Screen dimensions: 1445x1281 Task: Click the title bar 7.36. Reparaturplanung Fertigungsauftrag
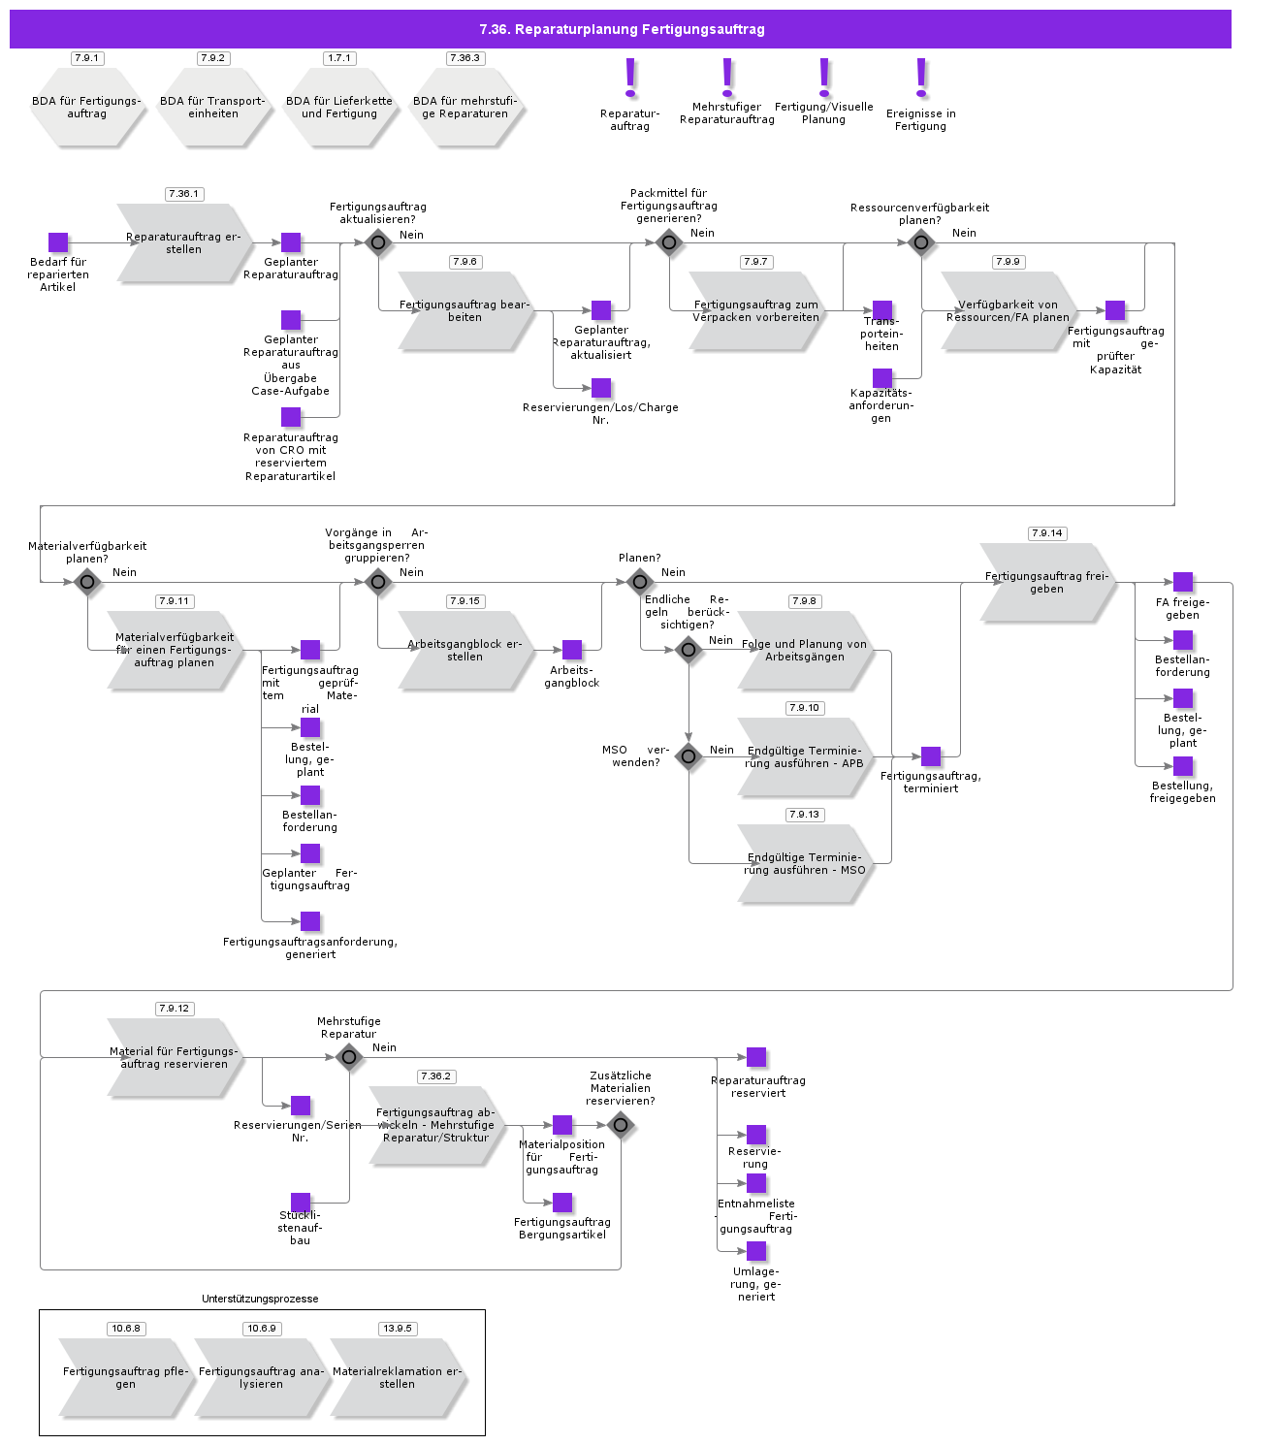[x=621, y=29]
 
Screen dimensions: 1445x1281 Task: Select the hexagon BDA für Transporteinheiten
[x=213, y=108]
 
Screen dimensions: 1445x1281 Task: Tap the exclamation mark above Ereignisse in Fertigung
[x=921, y=78]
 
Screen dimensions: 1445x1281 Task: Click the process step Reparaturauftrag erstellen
[x=183, y=243]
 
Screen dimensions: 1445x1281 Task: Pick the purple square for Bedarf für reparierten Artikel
[x=58, y=242]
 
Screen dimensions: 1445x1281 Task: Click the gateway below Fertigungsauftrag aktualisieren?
[x=378, y=242]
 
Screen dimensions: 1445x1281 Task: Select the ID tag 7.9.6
[x=464, y=262]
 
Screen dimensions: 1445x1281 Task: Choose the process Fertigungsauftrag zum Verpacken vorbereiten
[x=755, y=311]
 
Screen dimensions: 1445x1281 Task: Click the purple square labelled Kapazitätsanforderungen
[x=882, y=378]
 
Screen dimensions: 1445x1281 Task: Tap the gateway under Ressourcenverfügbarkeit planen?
[x=921, y=242]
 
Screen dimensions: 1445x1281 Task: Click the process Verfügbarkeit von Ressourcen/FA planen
[x=1008, y=311]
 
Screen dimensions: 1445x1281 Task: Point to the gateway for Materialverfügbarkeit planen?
[x=87, y=582]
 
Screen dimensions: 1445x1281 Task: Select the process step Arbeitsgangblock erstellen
[x=464, y=651]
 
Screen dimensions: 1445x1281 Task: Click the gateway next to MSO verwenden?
[x=689, y=756]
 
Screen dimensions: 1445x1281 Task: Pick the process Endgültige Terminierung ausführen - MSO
[x=804, y=864]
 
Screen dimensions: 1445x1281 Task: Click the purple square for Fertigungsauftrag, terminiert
[x=931, y=756]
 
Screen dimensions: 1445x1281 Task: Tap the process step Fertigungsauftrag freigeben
[x=1046, y=583]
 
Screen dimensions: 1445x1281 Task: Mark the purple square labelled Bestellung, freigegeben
[x=1183, y=766]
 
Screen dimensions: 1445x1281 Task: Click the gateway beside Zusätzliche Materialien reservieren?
[x=621, y=1125]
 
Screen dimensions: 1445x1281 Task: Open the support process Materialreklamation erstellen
[x=397, y=1378]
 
